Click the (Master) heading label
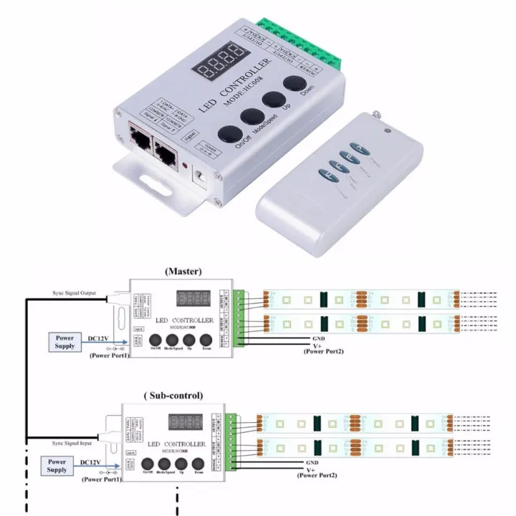click(183, 272)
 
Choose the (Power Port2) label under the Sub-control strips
click(317, 475)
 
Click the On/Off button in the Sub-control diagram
click(148, 464)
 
